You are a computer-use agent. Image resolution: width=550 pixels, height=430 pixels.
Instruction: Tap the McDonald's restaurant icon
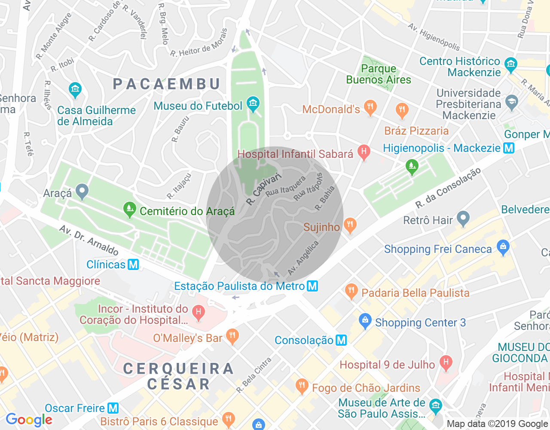[x=370, y=107]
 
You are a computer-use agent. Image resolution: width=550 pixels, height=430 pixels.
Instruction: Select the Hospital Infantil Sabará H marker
[x=364, y=151]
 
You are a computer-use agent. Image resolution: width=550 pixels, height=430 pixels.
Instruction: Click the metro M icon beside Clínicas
[x=134, y=264]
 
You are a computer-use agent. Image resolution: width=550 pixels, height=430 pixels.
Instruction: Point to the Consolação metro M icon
[x=341, y=340]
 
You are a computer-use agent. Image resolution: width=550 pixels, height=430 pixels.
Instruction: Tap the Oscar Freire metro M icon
[x=113, y=408]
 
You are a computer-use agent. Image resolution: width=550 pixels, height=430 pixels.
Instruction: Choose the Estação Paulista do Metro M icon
[x=312, y=286]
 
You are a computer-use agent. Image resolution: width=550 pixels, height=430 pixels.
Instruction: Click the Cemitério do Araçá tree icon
[x=129, y=209]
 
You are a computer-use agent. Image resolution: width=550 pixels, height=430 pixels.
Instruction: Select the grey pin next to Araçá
[x=82, y=191]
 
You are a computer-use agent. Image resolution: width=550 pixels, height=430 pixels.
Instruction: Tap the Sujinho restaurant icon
[x=350, y=225]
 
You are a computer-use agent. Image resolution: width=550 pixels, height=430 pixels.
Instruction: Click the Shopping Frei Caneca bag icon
[x=503, y=247]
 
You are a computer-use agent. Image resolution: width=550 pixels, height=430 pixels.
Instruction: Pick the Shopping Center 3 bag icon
[x=365, y=321]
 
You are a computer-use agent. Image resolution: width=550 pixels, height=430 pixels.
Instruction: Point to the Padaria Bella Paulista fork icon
[x=351, y=291]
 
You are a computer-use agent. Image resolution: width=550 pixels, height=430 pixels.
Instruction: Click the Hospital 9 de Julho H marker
[x=446, y=363]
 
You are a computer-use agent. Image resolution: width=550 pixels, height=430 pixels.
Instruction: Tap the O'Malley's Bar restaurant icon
[x=232, y=336]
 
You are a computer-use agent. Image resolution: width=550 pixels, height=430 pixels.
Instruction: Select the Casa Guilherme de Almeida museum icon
[x=75, y=90]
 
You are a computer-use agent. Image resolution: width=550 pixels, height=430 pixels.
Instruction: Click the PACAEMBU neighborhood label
[x=167, y=84]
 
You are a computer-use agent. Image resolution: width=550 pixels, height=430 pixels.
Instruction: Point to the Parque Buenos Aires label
[x=379, y=74]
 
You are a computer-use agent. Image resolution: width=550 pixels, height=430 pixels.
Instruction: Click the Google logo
[x=29, y=420]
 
